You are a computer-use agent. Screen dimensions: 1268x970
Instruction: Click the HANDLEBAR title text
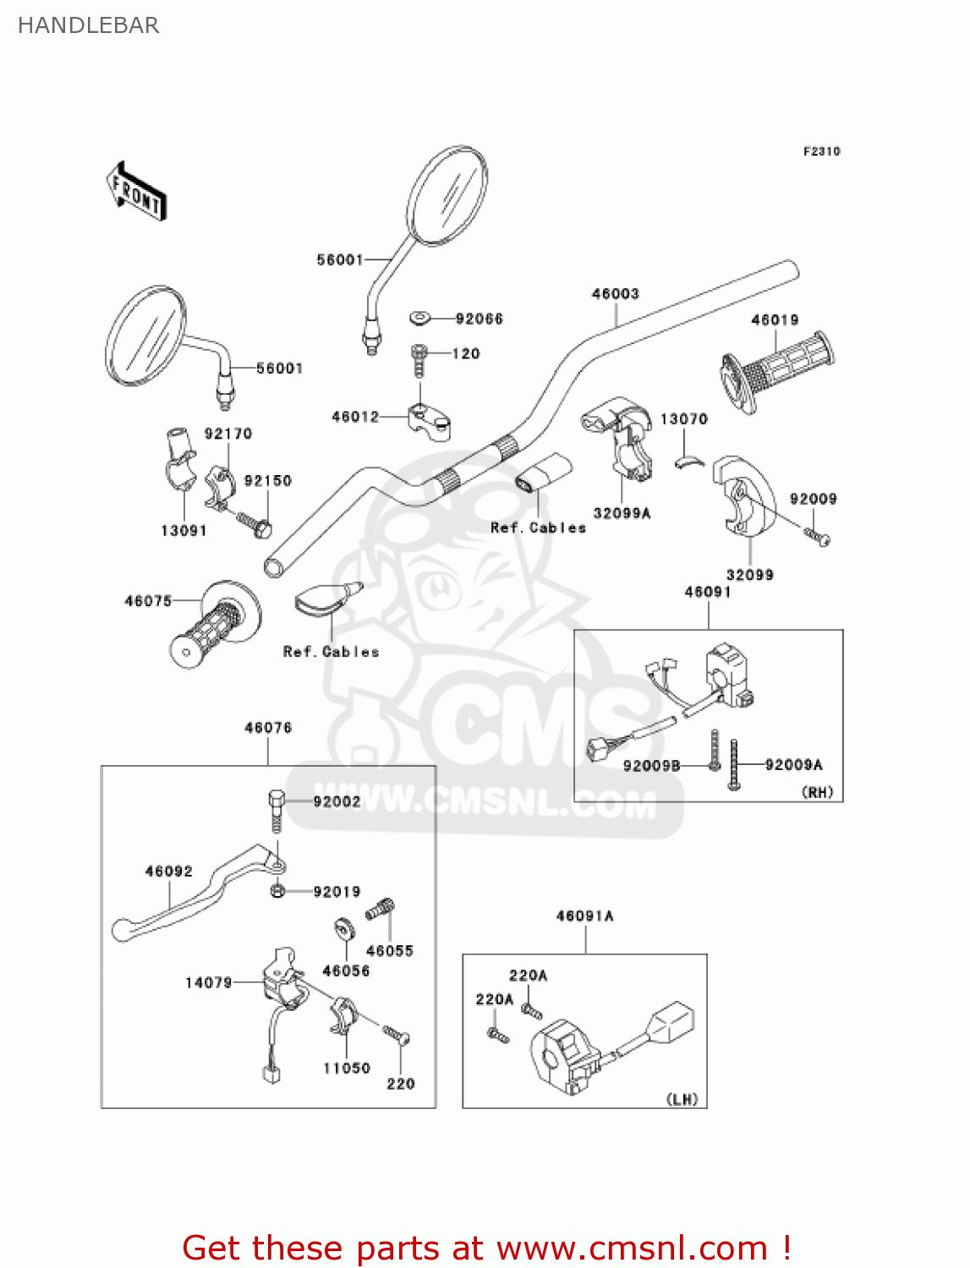[x=88, y=25]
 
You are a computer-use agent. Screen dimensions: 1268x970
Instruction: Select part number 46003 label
[x=615, y=293]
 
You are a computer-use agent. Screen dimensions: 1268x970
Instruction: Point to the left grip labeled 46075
[x=215, y=626]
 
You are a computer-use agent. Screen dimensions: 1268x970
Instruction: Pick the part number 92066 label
[x=479, y=319]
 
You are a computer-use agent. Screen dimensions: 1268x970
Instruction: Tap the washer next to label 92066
[x=420, y=318]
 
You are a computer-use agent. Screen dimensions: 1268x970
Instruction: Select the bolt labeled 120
[x=419, y=359]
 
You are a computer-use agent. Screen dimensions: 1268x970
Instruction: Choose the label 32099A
[x=622, y=513]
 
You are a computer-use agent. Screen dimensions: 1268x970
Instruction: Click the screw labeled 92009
[x=817, y=535]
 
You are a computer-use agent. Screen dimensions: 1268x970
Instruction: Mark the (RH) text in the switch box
[x=817, y=792]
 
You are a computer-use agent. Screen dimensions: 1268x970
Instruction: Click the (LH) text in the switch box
[x=682, y=1099]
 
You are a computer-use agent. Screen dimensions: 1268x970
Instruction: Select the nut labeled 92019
[x=277, y=891]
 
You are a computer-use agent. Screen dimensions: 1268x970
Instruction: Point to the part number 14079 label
[x=208, y=982]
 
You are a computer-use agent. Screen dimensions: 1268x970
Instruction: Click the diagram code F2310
[x=821, y=151]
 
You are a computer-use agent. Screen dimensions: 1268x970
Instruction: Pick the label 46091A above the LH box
[x=584, y=915]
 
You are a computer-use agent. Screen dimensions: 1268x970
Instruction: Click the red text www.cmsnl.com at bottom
[x=632, y=1248]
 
